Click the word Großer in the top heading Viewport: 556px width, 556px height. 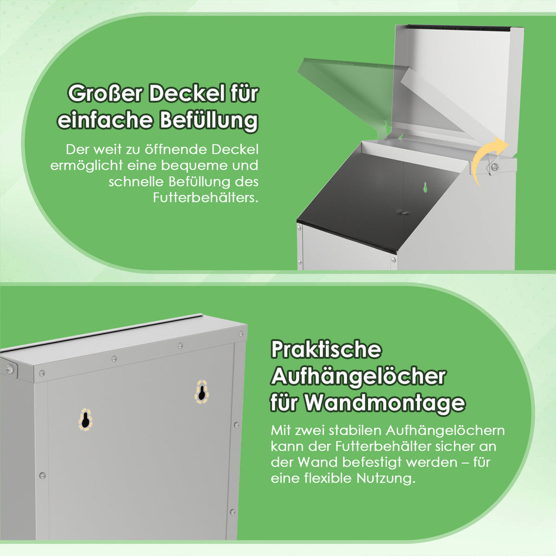click(105, 93)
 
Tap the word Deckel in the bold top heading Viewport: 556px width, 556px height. click(187, 93)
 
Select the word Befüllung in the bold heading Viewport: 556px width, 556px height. click(208, 121)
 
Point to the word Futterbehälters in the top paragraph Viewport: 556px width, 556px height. click(206, 197)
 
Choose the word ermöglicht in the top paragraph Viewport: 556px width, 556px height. click(86, 166)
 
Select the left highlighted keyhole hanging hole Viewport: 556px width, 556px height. click(85, 420)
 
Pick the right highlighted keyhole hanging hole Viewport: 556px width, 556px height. click(201, 392)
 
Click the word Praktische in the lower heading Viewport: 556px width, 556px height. click(326, 350)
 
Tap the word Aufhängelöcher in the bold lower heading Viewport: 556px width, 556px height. click(358, 376)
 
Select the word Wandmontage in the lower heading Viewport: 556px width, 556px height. click(385, 403)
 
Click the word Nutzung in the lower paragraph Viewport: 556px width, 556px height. click(386, 479)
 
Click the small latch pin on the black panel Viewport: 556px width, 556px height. click(403, 212)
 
